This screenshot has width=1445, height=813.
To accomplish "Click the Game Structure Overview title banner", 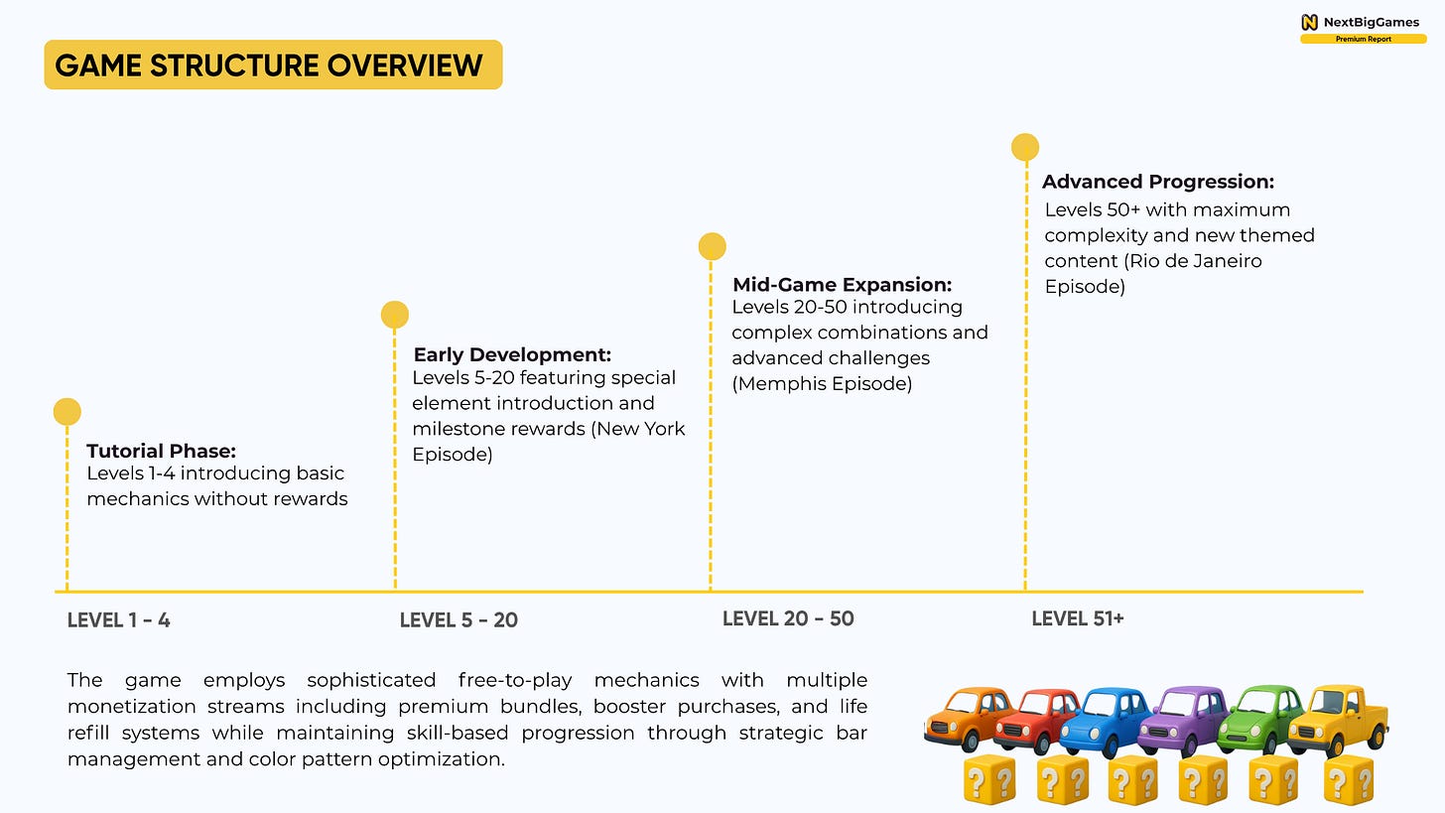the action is [x=273, y=66].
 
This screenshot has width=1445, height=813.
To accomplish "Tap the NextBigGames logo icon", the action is [x=1310, y=22].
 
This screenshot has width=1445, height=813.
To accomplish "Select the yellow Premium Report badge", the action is [x=1363, y=39].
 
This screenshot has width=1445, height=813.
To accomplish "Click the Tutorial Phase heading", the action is [x=161, y=452].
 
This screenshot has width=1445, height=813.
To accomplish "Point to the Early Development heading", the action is [x=512, y=354].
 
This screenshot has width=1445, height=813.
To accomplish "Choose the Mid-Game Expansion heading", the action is [x=842, y=285].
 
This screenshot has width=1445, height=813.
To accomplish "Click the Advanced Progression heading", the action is [x=1157, y=182].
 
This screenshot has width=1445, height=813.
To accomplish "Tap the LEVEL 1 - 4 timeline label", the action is [x=119, y=620].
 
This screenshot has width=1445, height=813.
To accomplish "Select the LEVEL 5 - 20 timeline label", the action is [x=459, y=620].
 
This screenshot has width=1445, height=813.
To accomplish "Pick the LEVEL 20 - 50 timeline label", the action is [x=788, y=618].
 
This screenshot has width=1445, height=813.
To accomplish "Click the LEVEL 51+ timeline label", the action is [x=1078, y=618].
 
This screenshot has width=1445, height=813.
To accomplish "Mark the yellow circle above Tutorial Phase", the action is [x=66, y=411].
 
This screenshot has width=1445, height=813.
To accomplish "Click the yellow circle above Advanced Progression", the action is [x=1025, y=148].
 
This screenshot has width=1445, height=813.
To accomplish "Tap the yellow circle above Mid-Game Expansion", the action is [x=712, y=246].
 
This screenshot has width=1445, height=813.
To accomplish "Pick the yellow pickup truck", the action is [x=1340, y=720].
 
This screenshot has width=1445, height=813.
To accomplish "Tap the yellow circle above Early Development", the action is [x=395, y=315].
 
